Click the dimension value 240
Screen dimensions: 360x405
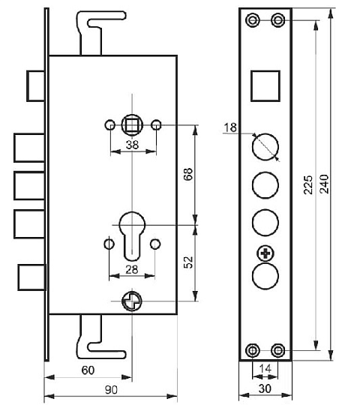coord(324,184)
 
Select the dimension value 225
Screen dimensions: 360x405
coord(308,184)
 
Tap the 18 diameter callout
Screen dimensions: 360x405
coord(230,127)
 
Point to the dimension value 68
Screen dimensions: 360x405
coord(188,174)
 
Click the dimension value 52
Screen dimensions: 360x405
coord(188,262)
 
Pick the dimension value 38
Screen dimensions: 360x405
coord(132,145)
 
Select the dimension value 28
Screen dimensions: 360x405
coord(132,270)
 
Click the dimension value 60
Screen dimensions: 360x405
coord(88,370)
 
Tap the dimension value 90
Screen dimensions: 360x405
coord(111,390)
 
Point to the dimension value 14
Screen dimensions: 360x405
coord(265,368)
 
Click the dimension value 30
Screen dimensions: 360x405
coord(265,388)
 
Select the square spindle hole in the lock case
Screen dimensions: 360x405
coord(132,125)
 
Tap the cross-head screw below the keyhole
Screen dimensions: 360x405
coord(132,301)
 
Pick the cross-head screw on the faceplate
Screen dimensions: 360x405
coord(265,253)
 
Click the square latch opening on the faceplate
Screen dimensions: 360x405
coord(265,85)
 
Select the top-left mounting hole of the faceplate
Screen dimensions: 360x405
coord(253,20)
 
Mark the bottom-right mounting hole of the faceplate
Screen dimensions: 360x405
coord(278,350)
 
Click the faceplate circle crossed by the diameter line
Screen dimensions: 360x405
coord(265,147)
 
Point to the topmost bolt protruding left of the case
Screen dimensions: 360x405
coord(36,86)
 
